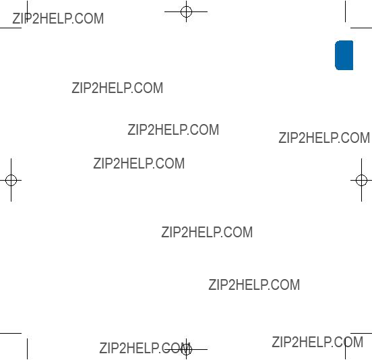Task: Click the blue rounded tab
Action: pyautogui.click(x=344, y=55)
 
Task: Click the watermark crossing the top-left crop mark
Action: pyautogui.click(x=58, y=18)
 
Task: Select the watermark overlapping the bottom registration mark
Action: pyautogui.click(x=146, y=348)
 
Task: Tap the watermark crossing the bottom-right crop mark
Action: pyautogui.click(x=317, y=342)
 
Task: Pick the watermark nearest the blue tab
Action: pyautogui.click(x=324, y=138)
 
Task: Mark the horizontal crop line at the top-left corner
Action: pyautogui.click(x=11, y=28)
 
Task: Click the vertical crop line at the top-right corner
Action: pyautogui.click(x=346, y=11)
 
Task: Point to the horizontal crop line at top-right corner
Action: pyautogui.click(x=361, y=28)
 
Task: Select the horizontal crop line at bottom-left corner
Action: pyautogui.click(x=11, y=333)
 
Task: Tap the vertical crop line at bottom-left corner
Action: pyautogui.click(x=27, y=349)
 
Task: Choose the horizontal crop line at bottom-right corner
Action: pyautogui.click(x=361, y=333)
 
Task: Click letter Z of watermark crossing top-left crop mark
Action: pyautogui.click(x=16, y=18)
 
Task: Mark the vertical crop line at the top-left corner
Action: pyautogui.click(x=27, y=11)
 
